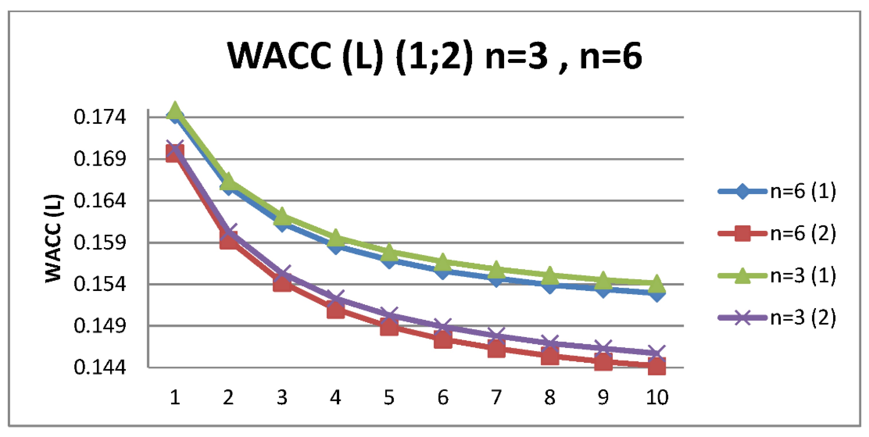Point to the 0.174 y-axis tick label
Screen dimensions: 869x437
click(x=99, y=117)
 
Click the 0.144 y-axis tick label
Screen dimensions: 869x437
click(x=99, y=367)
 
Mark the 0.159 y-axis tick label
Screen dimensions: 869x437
click(x=99, y=242)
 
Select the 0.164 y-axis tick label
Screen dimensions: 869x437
click(x=99, y=201)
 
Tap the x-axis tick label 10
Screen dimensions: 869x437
click(x=657, y=397)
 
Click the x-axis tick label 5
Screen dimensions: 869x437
click(x=389, y=397)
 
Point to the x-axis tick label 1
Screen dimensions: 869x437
click(x=175, y=397)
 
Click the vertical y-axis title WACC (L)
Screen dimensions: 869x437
click(x=53, y=239)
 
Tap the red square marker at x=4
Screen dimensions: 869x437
click(x=336, y=309)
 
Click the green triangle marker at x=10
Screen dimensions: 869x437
click(x=657, y=283)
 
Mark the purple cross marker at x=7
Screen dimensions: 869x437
click(x=496, y=336)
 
